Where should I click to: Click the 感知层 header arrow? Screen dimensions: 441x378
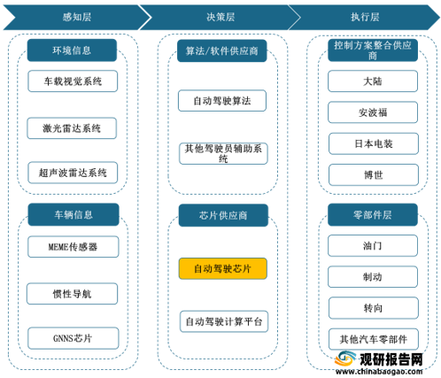click(77, 17)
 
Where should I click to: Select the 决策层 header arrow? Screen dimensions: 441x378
click(220, 17)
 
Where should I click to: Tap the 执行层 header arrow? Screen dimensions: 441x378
click(365, 17)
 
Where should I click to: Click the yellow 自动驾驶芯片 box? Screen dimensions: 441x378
click(223, 268)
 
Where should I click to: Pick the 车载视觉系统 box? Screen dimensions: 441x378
click(73, 81)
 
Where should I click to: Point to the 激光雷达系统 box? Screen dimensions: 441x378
click(72, 128)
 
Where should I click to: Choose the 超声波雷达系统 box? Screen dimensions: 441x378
click(73, 173)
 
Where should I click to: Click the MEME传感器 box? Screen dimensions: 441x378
click(73, 247)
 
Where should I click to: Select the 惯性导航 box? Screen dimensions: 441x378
click(72, 294)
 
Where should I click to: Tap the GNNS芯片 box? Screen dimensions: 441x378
click(73, 338)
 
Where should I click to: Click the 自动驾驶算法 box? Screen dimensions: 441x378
click(222, 101)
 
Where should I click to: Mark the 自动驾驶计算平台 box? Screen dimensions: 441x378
click(224, 321)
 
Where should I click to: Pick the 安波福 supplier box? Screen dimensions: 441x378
click(373, 112)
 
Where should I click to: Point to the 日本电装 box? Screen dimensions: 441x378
click(374, 143)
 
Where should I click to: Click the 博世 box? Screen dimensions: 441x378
click(374, 175)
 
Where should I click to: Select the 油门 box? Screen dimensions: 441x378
click(373, 245)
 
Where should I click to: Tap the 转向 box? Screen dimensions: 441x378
click(374, 308)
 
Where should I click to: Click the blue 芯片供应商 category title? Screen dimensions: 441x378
click(223, 215)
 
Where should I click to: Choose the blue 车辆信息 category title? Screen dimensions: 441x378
click(73, 214)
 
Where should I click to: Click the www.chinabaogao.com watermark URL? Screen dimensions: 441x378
click(379, 371)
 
